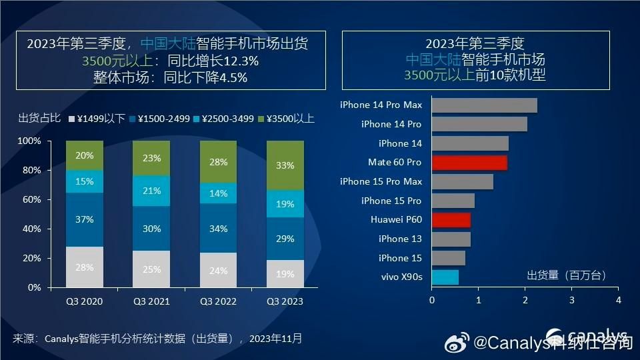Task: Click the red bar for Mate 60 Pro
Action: point(469,163)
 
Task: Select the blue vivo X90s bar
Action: point(445,277)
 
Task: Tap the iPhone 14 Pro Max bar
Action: point(484,105)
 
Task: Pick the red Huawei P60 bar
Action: point(451,220)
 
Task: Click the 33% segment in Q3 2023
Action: point(285,165)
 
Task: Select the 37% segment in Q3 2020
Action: point(85,219)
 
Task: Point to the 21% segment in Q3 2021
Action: point(151,191)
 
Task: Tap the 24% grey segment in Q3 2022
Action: point(218,271)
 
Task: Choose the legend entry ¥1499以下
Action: point(96,119)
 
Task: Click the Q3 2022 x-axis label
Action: point(218,301)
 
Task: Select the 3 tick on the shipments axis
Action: point(571,301)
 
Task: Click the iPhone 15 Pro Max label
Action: point(381,181)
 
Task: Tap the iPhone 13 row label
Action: point(400,239)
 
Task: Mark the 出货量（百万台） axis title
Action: point(567,275)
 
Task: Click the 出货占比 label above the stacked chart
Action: point(39,119)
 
